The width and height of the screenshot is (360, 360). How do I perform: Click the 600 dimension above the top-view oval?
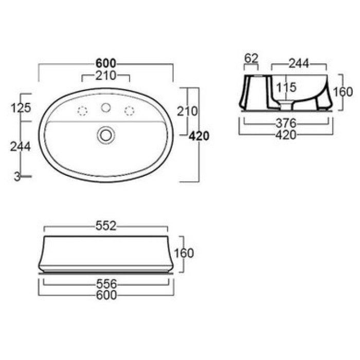[x=106, y=63]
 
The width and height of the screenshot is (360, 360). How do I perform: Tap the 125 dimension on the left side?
[x=21, y=107]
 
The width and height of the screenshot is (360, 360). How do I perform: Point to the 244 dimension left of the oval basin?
[x=21, y=146]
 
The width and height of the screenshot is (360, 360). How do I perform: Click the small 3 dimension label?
[x=17, y=176]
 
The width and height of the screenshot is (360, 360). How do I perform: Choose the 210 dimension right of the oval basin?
[x=187, y=111]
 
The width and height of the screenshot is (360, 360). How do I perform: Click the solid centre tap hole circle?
[x=106, y=108]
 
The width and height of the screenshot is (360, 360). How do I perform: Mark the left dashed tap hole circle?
[x=82, y=110]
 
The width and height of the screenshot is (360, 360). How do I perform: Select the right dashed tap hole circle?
[x=130, y=110]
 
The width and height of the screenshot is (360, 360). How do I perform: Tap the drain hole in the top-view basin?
[x=106, y=135]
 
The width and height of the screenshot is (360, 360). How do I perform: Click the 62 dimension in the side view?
[x=251, y=59]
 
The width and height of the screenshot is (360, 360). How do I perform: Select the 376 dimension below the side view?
[x=285, y=123]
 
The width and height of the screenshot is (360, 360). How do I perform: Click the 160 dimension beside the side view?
[x=343, y=92]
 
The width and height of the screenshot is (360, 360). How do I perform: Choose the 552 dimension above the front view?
[x=106, y=225]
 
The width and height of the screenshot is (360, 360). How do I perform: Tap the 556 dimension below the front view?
[x=106, y=284]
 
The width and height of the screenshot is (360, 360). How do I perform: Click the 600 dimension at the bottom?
[x=106, y=295]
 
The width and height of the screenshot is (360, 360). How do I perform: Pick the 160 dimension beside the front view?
[x=184, y=253]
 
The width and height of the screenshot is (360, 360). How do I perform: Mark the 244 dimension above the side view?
[x=298, y=63]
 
